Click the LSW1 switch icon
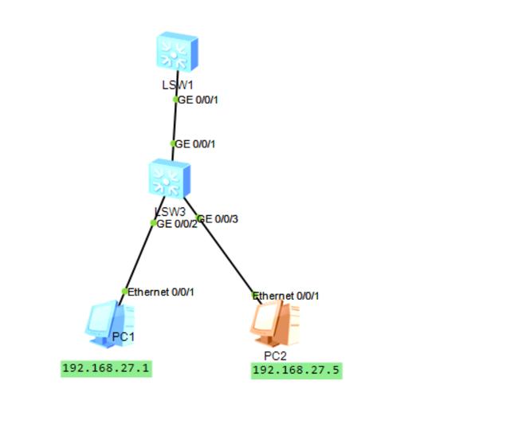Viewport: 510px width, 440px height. click(177, 53)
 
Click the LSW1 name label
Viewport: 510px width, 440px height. click(178, 84)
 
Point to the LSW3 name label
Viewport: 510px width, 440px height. click(170, 212)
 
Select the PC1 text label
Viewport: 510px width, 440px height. click(124, 337)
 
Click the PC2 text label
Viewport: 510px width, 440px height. click(275, 356)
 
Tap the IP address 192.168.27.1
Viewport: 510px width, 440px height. click(106, 368)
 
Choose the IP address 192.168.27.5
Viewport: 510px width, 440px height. click(296, 371)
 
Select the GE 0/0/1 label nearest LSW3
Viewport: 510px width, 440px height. click(195, 144)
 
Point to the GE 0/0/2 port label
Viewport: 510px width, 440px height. click(177, 224)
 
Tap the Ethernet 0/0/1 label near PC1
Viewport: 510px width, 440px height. click(161, 292)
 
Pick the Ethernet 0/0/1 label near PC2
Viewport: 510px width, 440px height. click(286, 296)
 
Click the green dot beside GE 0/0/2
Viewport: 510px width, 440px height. click(154, 223)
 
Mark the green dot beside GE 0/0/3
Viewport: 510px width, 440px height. click(198, 218)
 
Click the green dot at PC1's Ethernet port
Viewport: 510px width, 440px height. click(124, 291)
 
